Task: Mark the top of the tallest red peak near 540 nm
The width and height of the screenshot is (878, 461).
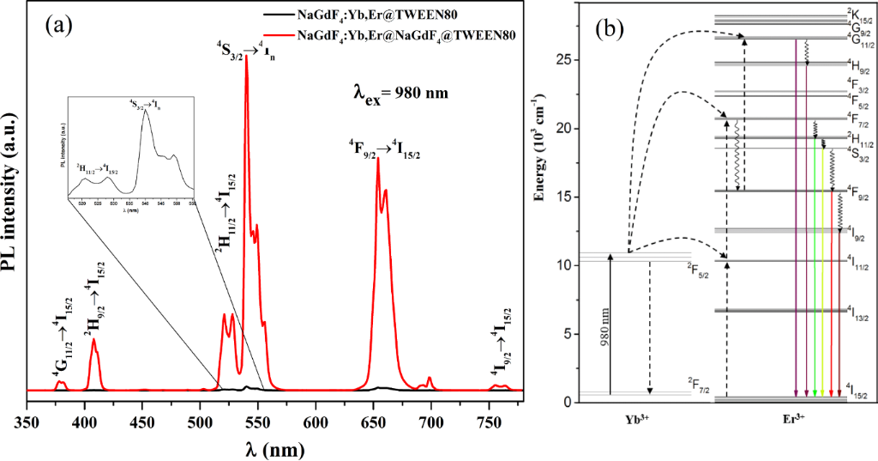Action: [247, 56]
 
